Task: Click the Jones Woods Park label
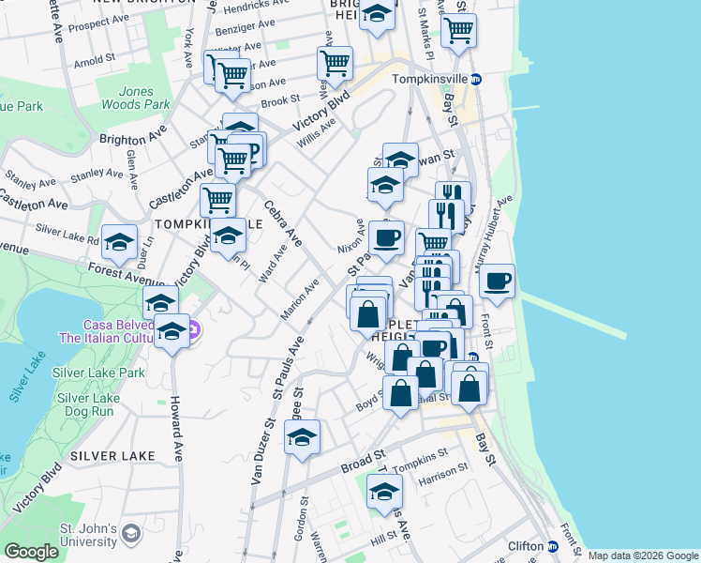143,99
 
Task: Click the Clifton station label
525,546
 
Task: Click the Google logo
31,552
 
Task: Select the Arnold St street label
95,63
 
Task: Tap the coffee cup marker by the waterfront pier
497,280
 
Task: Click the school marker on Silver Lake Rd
120,241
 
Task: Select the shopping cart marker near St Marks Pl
458,30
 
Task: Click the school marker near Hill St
385,490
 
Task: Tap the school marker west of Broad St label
302,436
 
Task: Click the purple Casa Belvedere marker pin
192,329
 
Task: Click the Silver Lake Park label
98,373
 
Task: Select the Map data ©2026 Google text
643,555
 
